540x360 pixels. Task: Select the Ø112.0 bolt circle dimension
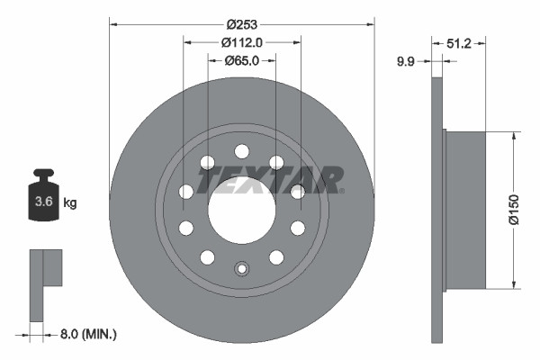click(x=241, y=41)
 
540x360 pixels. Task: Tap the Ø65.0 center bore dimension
click(x=241, y=60)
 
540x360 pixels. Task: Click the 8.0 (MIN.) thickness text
click(x=87, y=334)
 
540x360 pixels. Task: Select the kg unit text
click(x=70, y=203)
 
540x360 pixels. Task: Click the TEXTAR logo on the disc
click(x=270, y=179)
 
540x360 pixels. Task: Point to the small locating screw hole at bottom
click(x=241, y=267)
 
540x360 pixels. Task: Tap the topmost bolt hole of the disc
click(x=241, y=151)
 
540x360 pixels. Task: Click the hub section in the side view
click(x=465, y=211)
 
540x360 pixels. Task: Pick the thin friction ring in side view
click(x=438, y=211)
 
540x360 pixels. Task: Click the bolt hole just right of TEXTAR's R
click(x=297, y=191)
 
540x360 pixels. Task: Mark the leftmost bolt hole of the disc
click(x=185, y=191)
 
